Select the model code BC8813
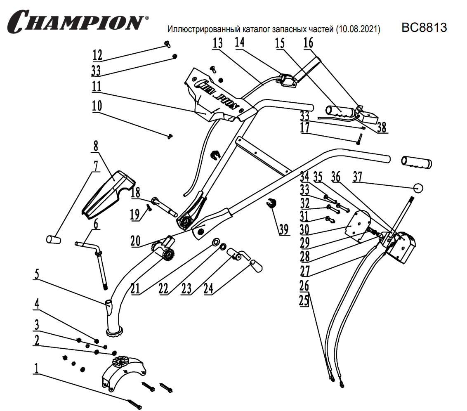[424, 28]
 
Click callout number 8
[96, 146]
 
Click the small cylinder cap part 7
[53, 240]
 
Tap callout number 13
[218, 43]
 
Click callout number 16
[308, 43]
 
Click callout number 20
[136, 240]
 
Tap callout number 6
[96, 224]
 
